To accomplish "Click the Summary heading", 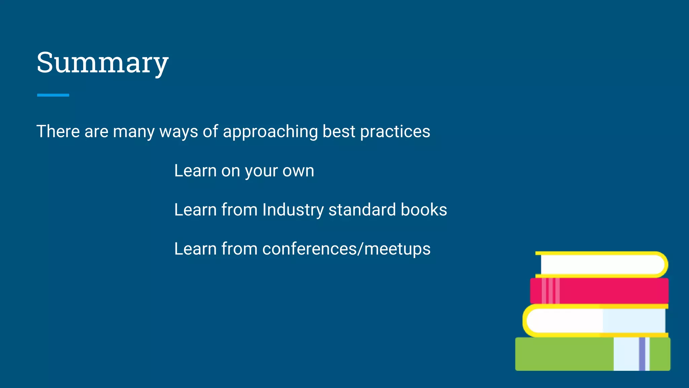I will point(102,63).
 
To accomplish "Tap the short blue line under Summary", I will point(53,95).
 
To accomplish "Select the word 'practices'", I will point(395,131).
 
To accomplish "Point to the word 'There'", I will point(58,131).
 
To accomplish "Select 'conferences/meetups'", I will point(346,249).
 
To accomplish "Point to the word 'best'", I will point(338,131).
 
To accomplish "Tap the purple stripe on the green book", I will point(642,354).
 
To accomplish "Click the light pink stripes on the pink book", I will point(551,290).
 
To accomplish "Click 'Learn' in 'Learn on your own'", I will point(195,171).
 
